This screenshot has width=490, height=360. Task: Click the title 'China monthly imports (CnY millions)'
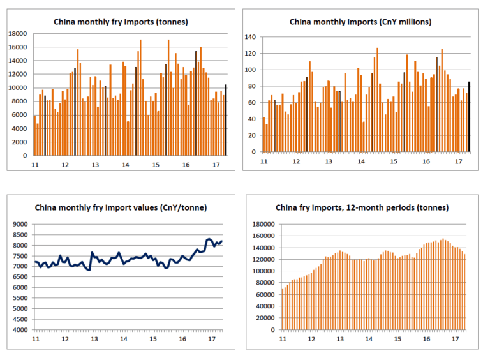(360, 22)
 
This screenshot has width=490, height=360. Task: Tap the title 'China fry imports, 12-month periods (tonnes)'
(362, 207)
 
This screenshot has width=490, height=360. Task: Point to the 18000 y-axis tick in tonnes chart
(19, 34)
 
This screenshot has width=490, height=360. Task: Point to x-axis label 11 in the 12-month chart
(281, 338)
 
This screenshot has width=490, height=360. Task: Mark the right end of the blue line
(222, 241)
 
